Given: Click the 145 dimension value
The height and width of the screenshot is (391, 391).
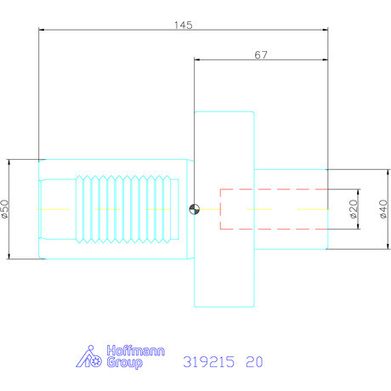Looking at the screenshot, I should coord(183,25).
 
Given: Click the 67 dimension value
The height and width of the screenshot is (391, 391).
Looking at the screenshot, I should coord(261,54).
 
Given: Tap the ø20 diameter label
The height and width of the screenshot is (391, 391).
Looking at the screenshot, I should coord(354,208).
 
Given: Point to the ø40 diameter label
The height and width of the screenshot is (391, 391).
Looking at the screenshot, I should coord(382,208).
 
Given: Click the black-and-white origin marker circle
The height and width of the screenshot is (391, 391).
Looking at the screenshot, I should coord(195,209).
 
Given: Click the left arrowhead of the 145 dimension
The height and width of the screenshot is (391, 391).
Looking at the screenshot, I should coord(42,31).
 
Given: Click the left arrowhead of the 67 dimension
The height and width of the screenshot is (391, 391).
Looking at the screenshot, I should coord(198,60).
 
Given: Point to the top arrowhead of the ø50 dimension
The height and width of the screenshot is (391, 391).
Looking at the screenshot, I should coord(8,161).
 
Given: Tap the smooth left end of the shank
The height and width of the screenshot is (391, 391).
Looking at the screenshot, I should coord(58,209).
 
